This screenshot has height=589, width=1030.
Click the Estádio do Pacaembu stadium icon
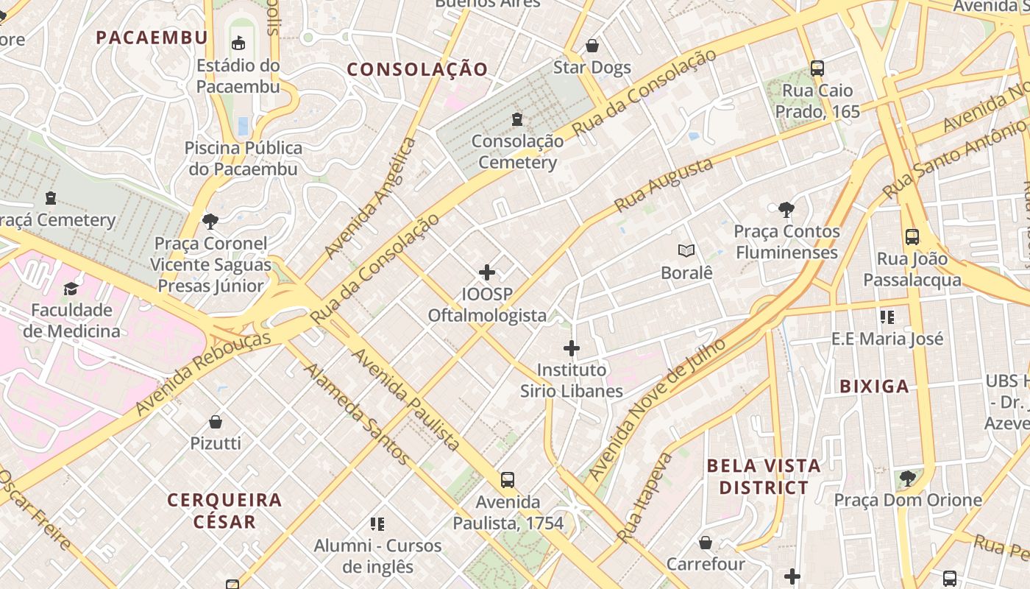pyautogui.click(x=238, y=43)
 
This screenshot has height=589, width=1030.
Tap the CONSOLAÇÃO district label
pyautogui.click(x=417, y=69)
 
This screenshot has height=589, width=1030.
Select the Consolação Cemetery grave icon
pyautogui.click(x=517, y=119)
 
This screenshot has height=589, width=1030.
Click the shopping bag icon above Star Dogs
pyautogui.click(x=592, y=46)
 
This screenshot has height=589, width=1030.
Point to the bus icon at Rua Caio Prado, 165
pyautogui.click(x=817, y=68)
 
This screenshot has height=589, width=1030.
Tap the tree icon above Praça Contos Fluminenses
pyautogui.click(x=786, y=210)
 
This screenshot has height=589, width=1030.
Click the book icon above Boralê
pyautogui.click(x=686, y=251)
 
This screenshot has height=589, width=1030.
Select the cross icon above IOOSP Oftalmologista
pyautogui.click(x=486, y=273)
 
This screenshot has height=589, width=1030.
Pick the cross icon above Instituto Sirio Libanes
pyautogui.click(x=571, y=348)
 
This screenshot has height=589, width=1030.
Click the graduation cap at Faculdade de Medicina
pyautogui.click(x=71, y=289)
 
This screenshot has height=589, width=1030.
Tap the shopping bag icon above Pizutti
pyautogui.click(x=216, y=422)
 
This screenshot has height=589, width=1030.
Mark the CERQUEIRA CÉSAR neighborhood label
pyautogui.click(x=224, y=510)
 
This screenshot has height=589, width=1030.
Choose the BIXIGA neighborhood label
pyautogui.click(x=874, y=386)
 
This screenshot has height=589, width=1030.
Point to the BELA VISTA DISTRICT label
pyautogui.click(x=763, y=476)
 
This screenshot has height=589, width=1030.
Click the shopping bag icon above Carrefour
pyautogui.click(x=706, y=543)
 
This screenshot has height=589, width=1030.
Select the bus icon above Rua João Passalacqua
pyautogui.click(x=912, y=237)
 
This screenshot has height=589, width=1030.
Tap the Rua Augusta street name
pyautogui.click(x=664, y=184)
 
